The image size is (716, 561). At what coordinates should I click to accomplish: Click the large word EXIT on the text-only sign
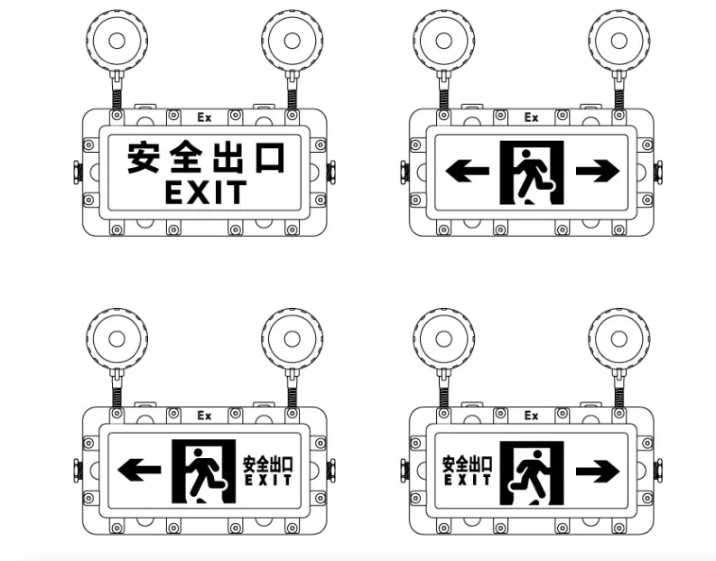205,192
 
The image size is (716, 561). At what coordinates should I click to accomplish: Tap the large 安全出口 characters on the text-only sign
205,157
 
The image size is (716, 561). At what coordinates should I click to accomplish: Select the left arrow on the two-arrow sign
468,170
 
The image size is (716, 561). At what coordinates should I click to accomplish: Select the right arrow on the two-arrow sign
597,170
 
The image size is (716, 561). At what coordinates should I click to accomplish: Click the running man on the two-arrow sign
532,172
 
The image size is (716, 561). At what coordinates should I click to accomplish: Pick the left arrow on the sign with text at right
140,469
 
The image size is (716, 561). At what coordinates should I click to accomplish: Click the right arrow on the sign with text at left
597,470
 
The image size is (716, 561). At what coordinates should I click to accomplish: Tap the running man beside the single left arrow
205,470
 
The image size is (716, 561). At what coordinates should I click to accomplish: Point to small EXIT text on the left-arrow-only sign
268,480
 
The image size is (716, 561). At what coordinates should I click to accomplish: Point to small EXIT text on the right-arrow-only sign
467,480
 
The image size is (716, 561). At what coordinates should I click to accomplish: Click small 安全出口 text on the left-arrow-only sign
268,463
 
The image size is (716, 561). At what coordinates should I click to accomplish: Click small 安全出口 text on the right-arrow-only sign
467,463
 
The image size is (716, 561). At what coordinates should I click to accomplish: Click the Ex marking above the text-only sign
204,117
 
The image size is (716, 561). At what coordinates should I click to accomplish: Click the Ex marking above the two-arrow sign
531,117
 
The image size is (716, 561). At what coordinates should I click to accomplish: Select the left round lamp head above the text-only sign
116,41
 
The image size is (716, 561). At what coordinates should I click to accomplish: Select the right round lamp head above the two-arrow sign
619,41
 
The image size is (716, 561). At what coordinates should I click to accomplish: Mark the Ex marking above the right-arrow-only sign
531,416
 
